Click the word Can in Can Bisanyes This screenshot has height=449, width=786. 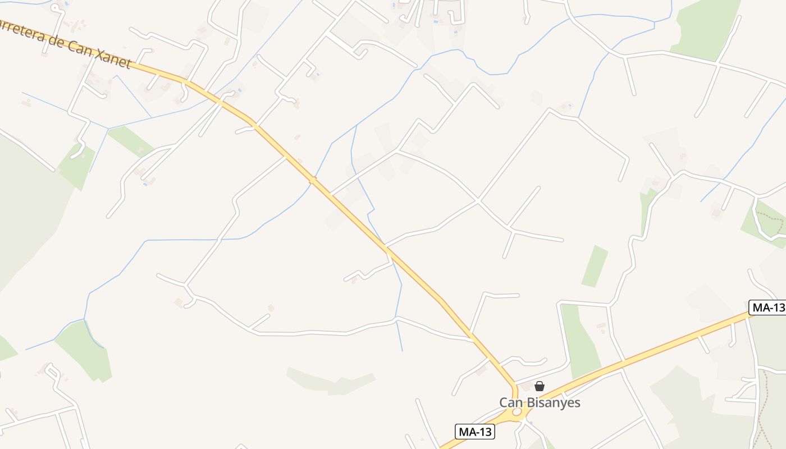tap(511, 402)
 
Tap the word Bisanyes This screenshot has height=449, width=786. tap(552, 403)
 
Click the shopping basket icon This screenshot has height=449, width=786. tap(540, 386)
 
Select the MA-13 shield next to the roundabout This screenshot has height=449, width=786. tap(475, 432)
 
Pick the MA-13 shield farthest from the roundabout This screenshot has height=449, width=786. tap(767, 307)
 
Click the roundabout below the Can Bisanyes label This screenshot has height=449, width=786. tap(517, 413)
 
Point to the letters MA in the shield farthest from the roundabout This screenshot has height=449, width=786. tap(761, 307)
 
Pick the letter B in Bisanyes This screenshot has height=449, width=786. tap(531, 402)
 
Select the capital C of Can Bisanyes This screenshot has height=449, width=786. tap(504, 402)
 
